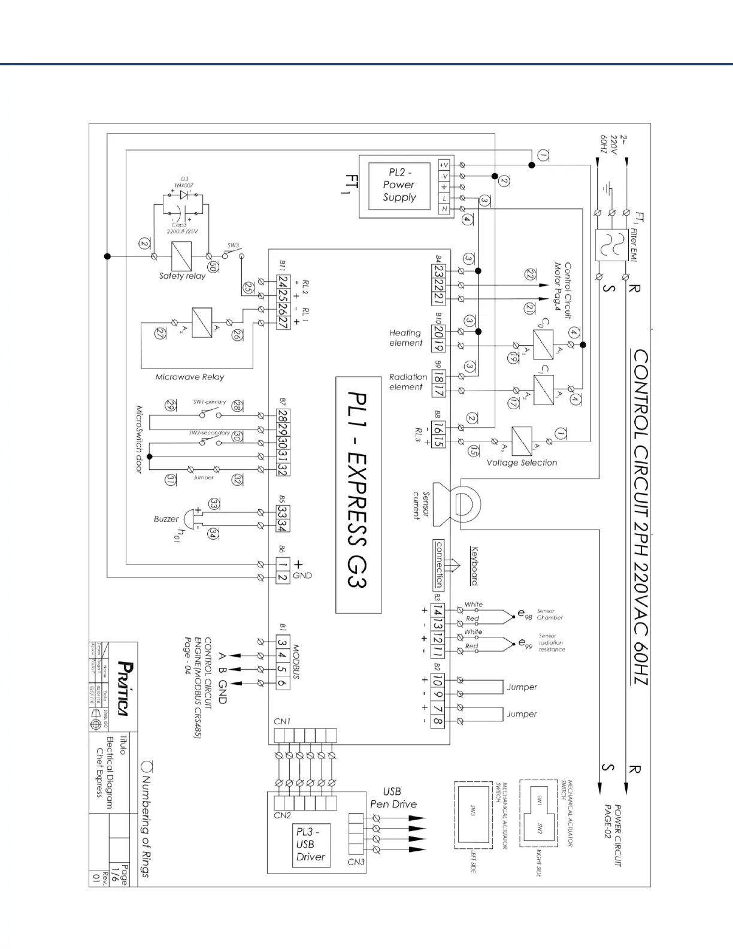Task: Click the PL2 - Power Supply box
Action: [399, 186]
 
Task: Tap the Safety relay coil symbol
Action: [181, 256]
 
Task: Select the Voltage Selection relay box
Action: [522, 442]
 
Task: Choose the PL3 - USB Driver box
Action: [311, 844]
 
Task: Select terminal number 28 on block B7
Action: [283, 416]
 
